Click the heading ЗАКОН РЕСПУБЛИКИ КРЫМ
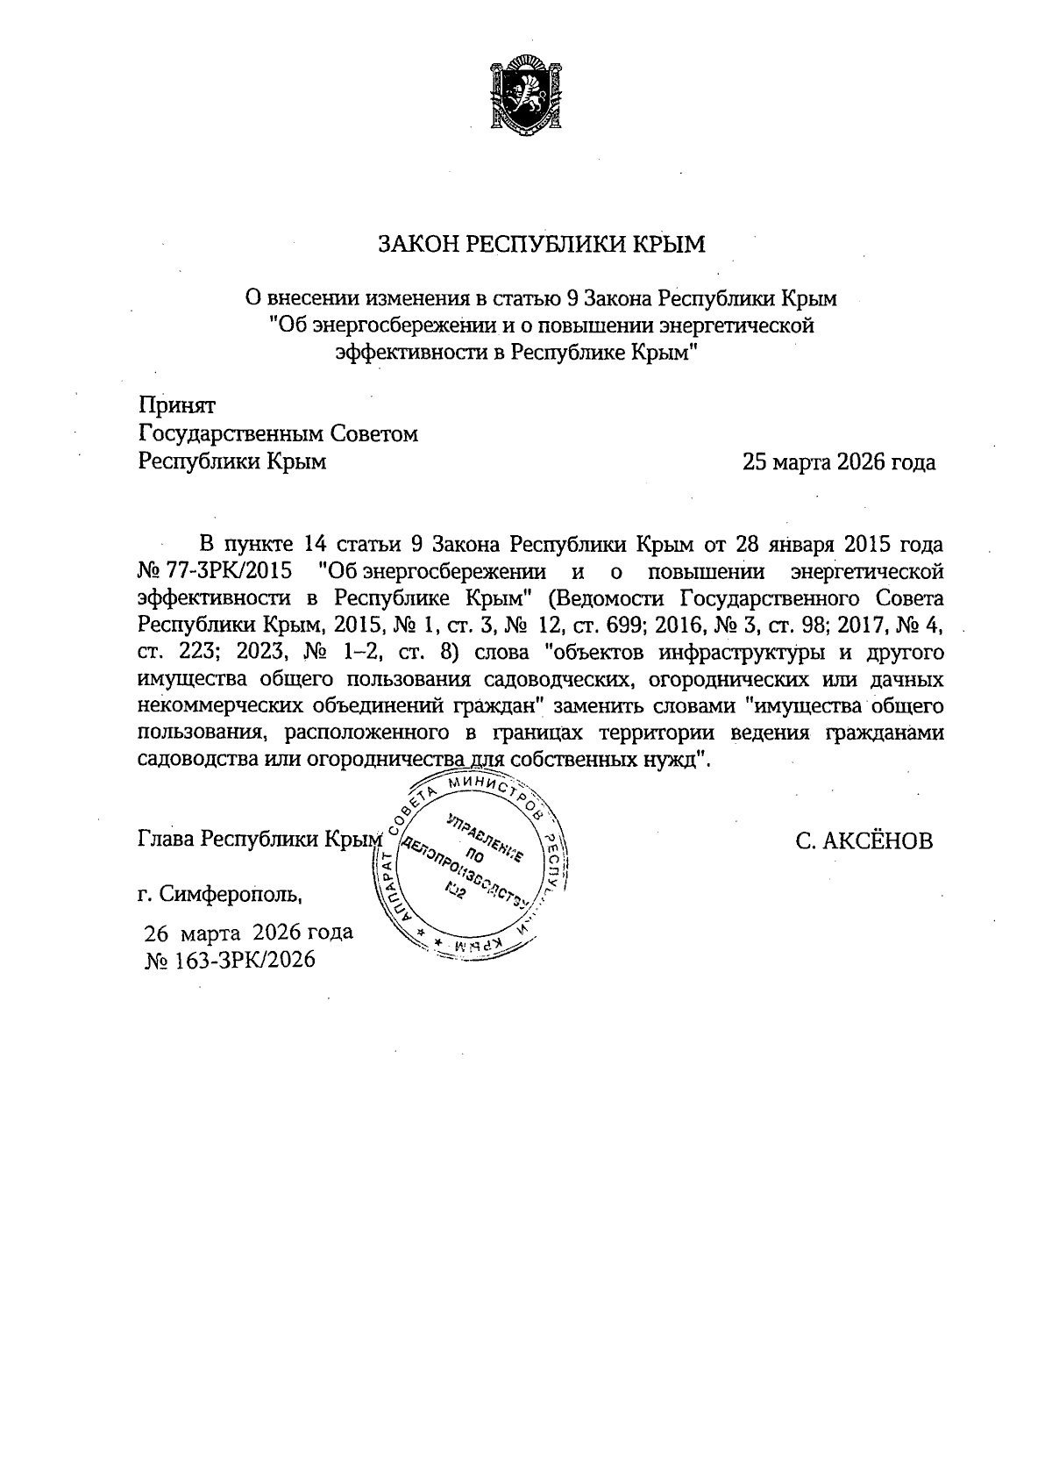coord(541,245)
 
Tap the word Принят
coord(177,404)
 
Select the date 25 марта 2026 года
coord(839,461)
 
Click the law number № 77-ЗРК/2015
coord(215,571)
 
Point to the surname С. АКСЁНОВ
coord(864,841)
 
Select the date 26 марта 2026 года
coord(249,932)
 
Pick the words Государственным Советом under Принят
coord(279,433)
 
